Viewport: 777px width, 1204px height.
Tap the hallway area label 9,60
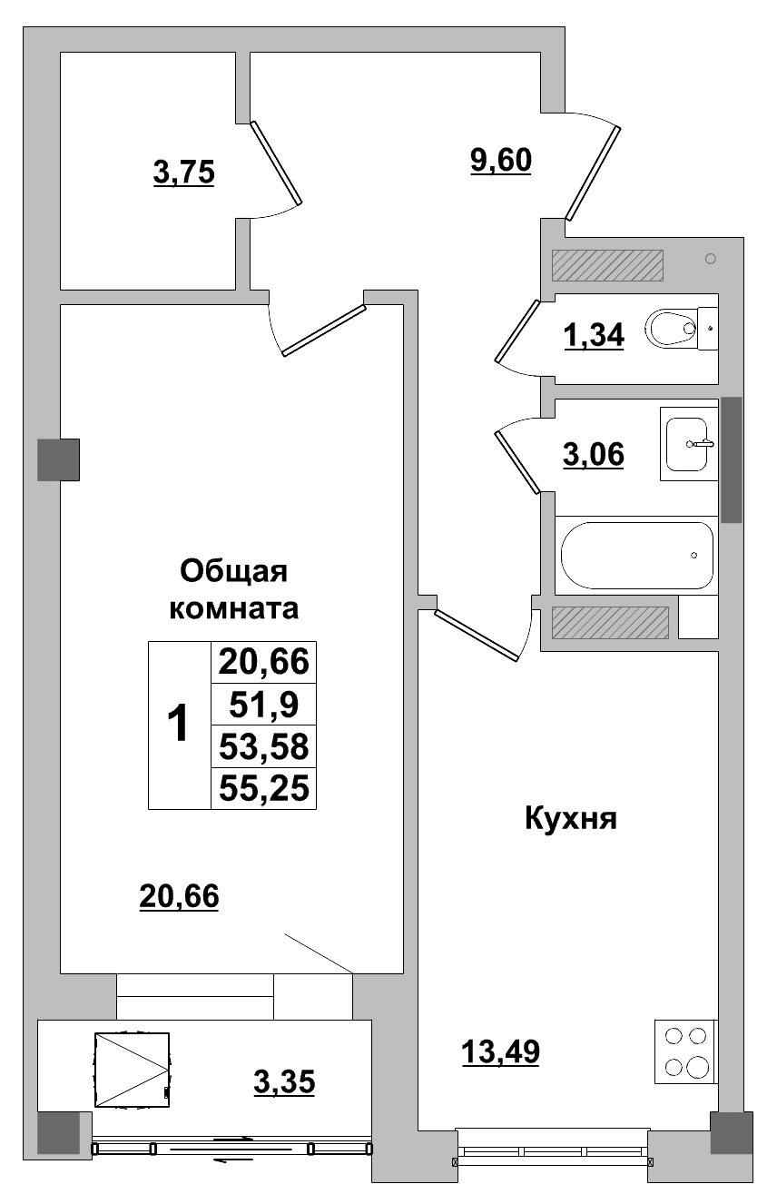pos(499,160)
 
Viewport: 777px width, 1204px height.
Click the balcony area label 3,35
pos(283,1081)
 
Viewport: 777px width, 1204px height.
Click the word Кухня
pos(570,819)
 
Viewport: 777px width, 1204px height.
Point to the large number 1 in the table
pos(179,725)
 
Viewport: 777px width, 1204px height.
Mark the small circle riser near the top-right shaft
pos(710,259)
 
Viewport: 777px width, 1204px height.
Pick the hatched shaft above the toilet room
pos(607,265)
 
